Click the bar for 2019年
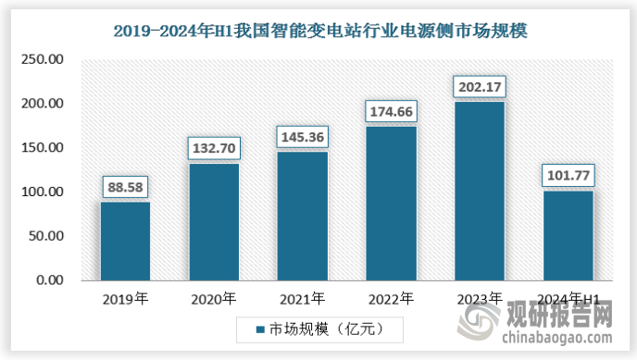click(x=125, y=241)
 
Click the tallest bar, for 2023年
click(x=480, y=191)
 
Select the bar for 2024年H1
click(x=568, y=235)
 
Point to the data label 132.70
click(x=214, y=148)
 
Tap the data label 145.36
click(x=303, y=137)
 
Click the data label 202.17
click(x=480, y=88)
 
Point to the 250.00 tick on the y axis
click(x=43, y=59)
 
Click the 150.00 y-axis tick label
click(x=43, y=148)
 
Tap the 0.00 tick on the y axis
click(x=50, y=280)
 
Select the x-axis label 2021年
click(x=303, y=298)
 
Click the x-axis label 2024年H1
click(x=568, y=298)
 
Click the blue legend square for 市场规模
click(x=259, y=328)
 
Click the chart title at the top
click(x=319, y=31)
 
